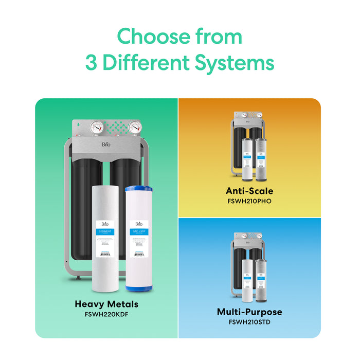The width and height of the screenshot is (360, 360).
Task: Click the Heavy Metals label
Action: (x=106, y=304)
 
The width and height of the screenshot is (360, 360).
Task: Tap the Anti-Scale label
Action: (x=249, y=191)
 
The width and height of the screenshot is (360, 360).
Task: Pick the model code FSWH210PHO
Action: (x=249, y=201)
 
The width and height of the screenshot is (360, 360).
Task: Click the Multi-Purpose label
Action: (x=249, y=312)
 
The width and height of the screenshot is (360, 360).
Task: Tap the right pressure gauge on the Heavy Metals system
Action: (x=135, y=127)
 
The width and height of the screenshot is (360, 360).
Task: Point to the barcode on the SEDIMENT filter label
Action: (x=105, y=253)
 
